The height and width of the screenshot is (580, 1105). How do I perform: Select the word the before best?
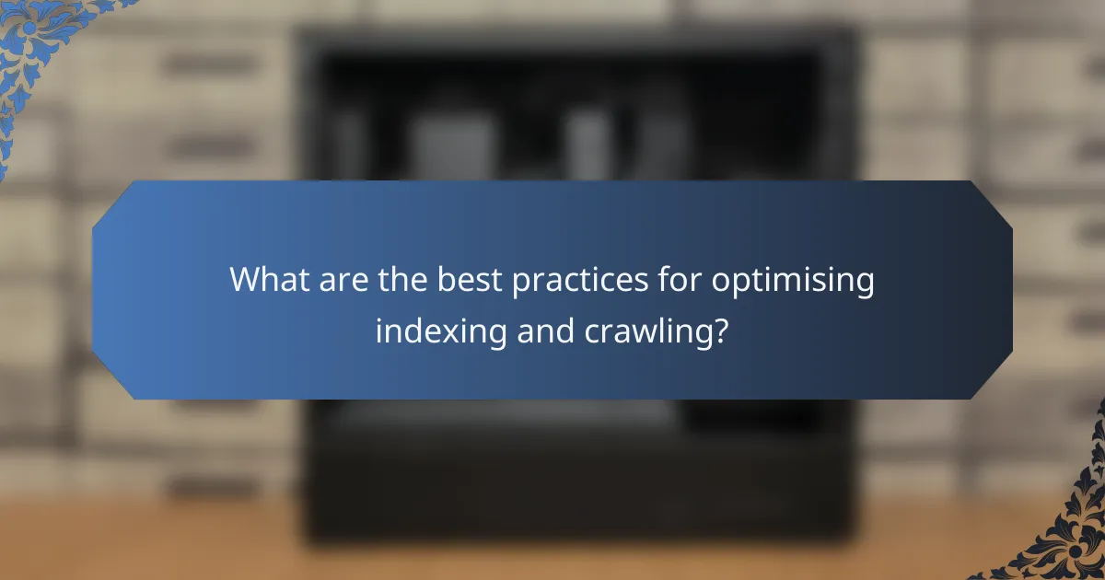(399, 279)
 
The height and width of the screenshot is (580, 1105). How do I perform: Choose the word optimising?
(792, 281)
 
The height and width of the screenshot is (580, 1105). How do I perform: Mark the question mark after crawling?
(721, 330)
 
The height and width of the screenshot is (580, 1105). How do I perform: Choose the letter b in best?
(440, 279)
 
